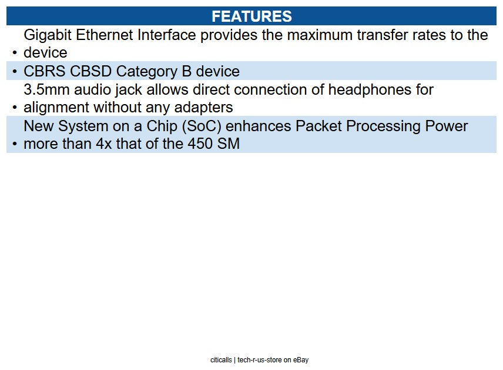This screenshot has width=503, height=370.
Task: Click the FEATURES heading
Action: coord(251,16)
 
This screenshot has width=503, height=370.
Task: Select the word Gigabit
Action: coord(48,35)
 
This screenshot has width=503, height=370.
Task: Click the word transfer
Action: coord(371,35)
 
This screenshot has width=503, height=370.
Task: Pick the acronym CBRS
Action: coord(45,72)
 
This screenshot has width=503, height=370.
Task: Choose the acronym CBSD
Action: coord(90,72)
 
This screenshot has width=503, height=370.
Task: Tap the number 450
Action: coord(199,144)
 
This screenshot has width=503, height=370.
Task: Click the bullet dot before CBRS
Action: coord(15,72)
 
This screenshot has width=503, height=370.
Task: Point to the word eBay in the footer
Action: coord(301,360)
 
